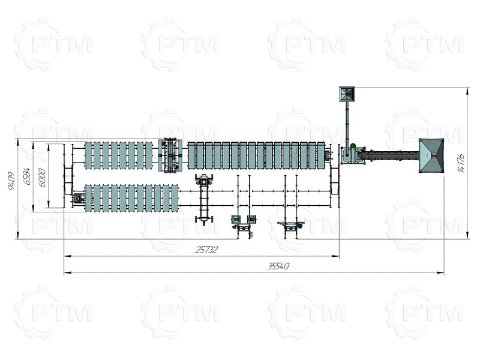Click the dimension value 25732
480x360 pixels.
(x=206, y=250)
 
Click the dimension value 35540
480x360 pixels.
(x=278, y=266)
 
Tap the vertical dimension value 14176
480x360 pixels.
(x=461, y=163)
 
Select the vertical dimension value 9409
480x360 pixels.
(x=11, y=182)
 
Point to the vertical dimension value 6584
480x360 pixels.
(x=27, y=176)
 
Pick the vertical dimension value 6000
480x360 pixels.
(x=42, y=178)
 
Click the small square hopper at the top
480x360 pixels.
(x=347, y=94)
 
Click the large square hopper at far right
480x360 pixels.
(x=431, y=155)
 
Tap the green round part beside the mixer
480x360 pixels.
(x=353, y=146)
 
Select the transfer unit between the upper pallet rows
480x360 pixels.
(x=170, y=155)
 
